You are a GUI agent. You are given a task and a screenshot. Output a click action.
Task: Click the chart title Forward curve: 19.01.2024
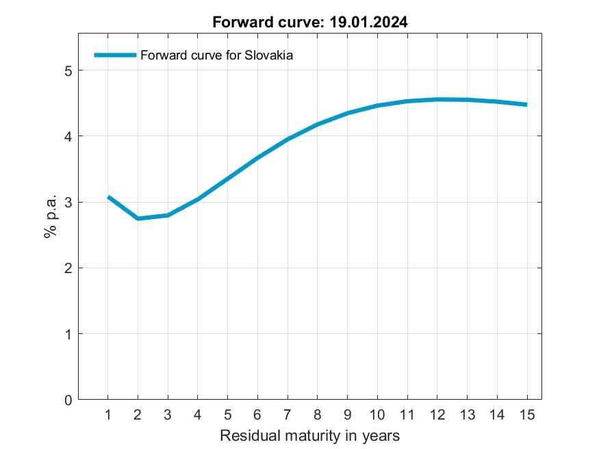[x=309, y=22]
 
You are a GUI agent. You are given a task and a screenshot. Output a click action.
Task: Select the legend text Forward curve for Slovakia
[x=216, y=55]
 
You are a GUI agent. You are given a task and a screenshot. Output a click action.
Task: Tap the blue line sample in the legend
[x=115, y=55]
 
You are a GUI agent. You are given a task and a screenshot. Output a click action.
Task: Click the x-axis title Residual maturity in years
[x=309, y=435]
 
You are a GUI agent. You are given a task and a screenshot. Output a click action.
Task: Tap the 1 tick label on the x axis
[x=108, y=415]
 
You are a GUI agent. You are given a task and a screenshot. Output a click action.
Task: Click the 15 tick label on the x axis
[x=526, y=415]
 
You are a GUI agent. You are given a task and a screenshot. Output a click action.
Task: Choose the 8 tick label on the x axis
[x=318, y=415]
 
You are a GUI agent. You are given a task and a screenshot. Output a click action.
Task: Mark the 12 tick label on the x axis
[x=437, y=415]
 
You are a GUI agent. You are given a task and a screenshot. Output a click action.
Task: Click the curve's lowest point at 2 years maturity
[x=138, y=218]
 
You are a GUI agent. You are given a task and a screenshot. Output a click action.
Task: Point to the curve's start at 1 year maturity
[x=108, y=197]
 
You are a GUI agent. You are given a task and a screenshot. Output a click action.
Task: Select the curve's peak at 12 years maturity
[x=437, y=99]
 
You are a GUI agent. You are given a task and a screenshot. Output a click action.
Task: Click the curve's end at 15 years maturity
[x=526, y=105]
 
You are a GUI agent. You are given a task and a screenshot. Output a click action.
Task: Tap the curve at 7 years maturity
[x=288, y=139]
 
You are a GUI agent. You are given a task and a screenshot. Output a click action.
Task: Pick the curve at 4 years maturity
[x=198, y=199]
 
